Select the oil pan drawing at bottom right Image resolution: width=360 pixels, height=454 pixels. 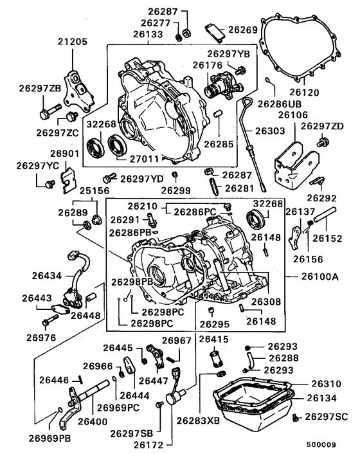click(253, 404)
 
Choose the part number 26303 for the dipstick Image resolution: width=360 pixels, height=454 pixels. click(270, 132)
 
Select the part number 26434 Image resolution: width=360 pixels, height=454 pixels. click(46, 276)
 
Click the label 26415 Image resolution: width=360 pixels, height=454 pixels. click(213, 339)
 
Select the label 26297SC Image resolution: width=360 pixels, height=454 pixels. click(326, 417)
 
